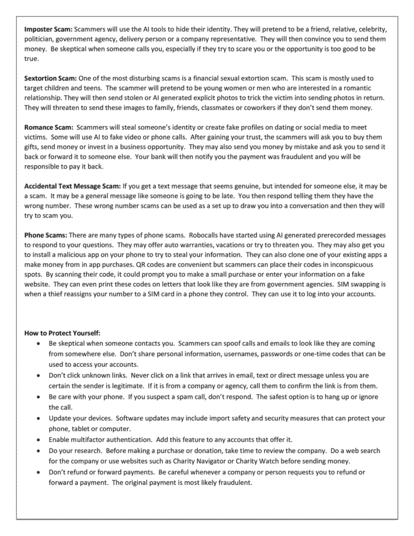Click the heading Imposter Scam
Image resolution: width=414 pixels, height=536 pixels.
pyautogui.click(x=48, y=30)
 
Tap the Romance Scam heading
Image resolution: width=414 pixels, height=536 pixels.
pyautogui.click(x=48, y=127)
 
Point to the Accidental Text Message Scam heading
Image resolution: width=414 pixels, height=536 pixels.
pyautogui.click(x=74, y=186)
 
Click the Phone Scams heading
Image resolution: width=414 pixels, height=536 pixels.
pyautogui.click(x=46, y=235)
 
